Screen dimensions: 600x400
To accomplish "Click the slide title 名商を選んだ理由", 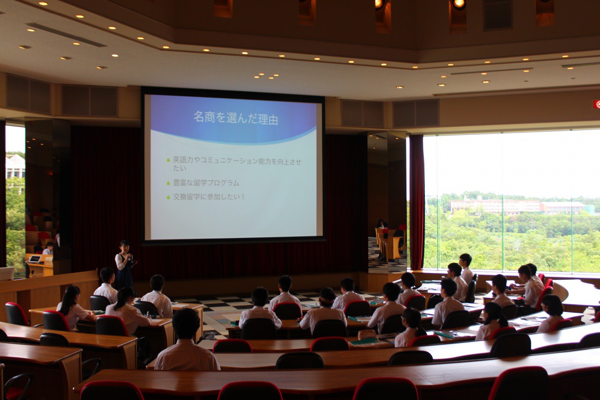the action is [x=235, y=118].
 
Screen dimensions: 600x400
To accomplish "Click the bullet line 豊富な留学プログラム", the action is [x=206, y=183].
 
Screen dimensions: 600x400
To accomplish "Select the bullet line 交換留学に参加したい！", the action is [x=209, y=197].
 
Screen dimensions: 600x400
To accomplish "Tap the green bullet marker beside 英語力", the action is [x=168, y=160].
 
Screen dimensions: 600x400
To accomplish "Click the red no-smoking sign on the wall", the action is [x=597, y=104].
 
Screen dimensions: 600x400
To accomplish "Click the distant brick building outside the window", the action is [x=495, y=207].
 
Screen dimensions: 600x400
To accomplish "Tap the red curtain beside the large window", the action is [x=417, y=202].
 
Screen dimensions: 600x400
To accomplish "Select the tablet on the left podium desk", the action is [x=35, y=259].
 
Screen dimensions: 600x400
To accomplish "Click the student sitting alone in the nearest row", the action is [x=187, y=340].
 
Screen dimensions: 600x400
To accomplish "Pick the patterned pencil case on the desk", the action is [x=367, y=334].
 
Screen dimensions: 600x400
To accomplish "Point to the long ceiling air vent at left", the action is [x=66, y=35].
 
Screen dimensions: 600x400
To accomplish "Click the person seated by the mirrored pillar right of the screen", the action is [x=382, y=224].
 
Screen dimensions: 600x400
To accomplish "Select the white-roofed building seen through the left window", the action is [x=15, y=166].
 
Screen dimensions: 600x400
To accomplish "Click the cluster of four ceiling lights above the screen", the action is [x=266, y=76].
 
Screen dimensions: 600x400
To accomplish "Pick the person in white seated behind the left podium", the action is [x=48, y=249].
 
